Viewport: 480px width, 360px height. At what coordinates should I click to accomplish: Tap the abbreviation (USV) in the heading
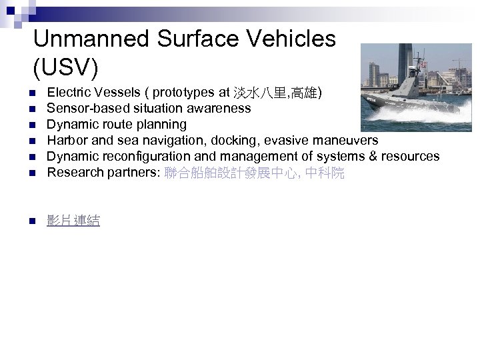[x=65, y=66]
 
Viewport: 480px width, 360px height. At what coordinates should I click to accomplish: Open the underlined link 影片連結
[x=73, y=221]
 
